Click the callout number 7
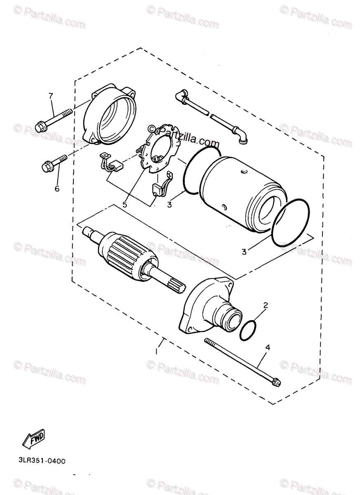pos(51,97)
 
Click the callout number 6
pos(57,189)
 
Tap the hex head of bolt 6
pos(46,167)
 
